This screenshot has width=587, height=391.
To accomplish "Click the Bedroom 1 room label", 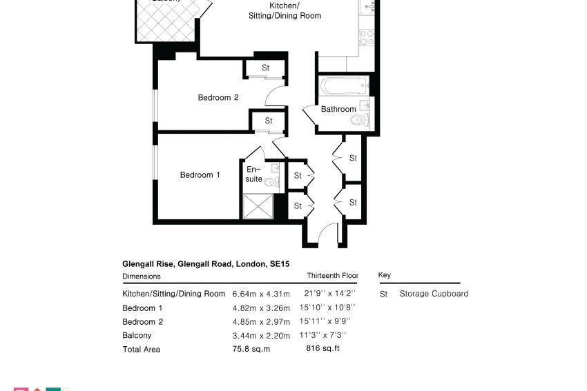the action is click(x=200, y=175).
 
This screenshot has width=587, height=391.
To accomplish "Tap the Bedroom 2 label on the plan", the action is click(x=218, y=97).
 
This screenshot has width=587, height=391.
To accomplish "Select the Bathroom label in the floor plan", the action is click(x=338, y=109).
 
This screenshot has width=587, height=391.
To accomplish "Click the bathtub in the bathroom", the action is click(x=343, y=86).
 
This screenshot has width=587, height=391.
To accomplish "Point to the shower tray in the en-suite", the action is click(x=258, y=206).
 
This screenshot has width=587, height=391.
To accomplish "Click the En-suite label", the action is click(x=253, y=174).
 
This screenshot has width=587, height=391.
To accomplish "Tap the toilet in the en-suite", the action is click(x=272, y=182).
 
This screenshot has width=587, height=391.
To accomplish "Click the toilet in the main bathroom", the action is click(x=360, y=120).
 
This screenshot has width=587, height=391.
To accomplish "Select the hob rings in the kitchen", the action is click(x=366, y=38).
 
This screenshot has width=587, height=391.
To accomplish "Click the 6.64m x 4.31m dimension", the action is click(x=261, y=294).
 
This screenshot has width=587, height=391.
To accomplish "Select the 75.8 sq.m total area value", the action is click(x=251, y=349).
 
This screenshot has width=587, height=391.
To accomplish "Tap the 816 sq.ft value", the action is click(x=323, y=348).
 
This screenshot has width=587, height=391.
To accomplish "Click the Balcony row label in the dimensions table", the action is click(x=137, y=336).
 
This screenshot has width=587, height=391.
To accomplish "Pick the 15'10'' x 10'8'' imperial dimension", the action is click(x=327, y=308).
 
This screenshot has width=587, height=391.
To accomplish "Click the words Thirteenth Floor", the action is click(x=332, y=276).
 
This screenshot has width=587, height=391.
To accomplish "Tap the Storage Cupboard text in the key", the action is click(x=434, y=294).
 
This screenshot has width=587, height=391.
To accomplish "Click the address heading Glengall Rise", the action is click(x=148, y=264).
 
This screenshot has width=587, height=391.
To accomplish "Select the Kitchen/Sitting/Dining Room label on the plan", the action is click(x=285, y=11).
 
